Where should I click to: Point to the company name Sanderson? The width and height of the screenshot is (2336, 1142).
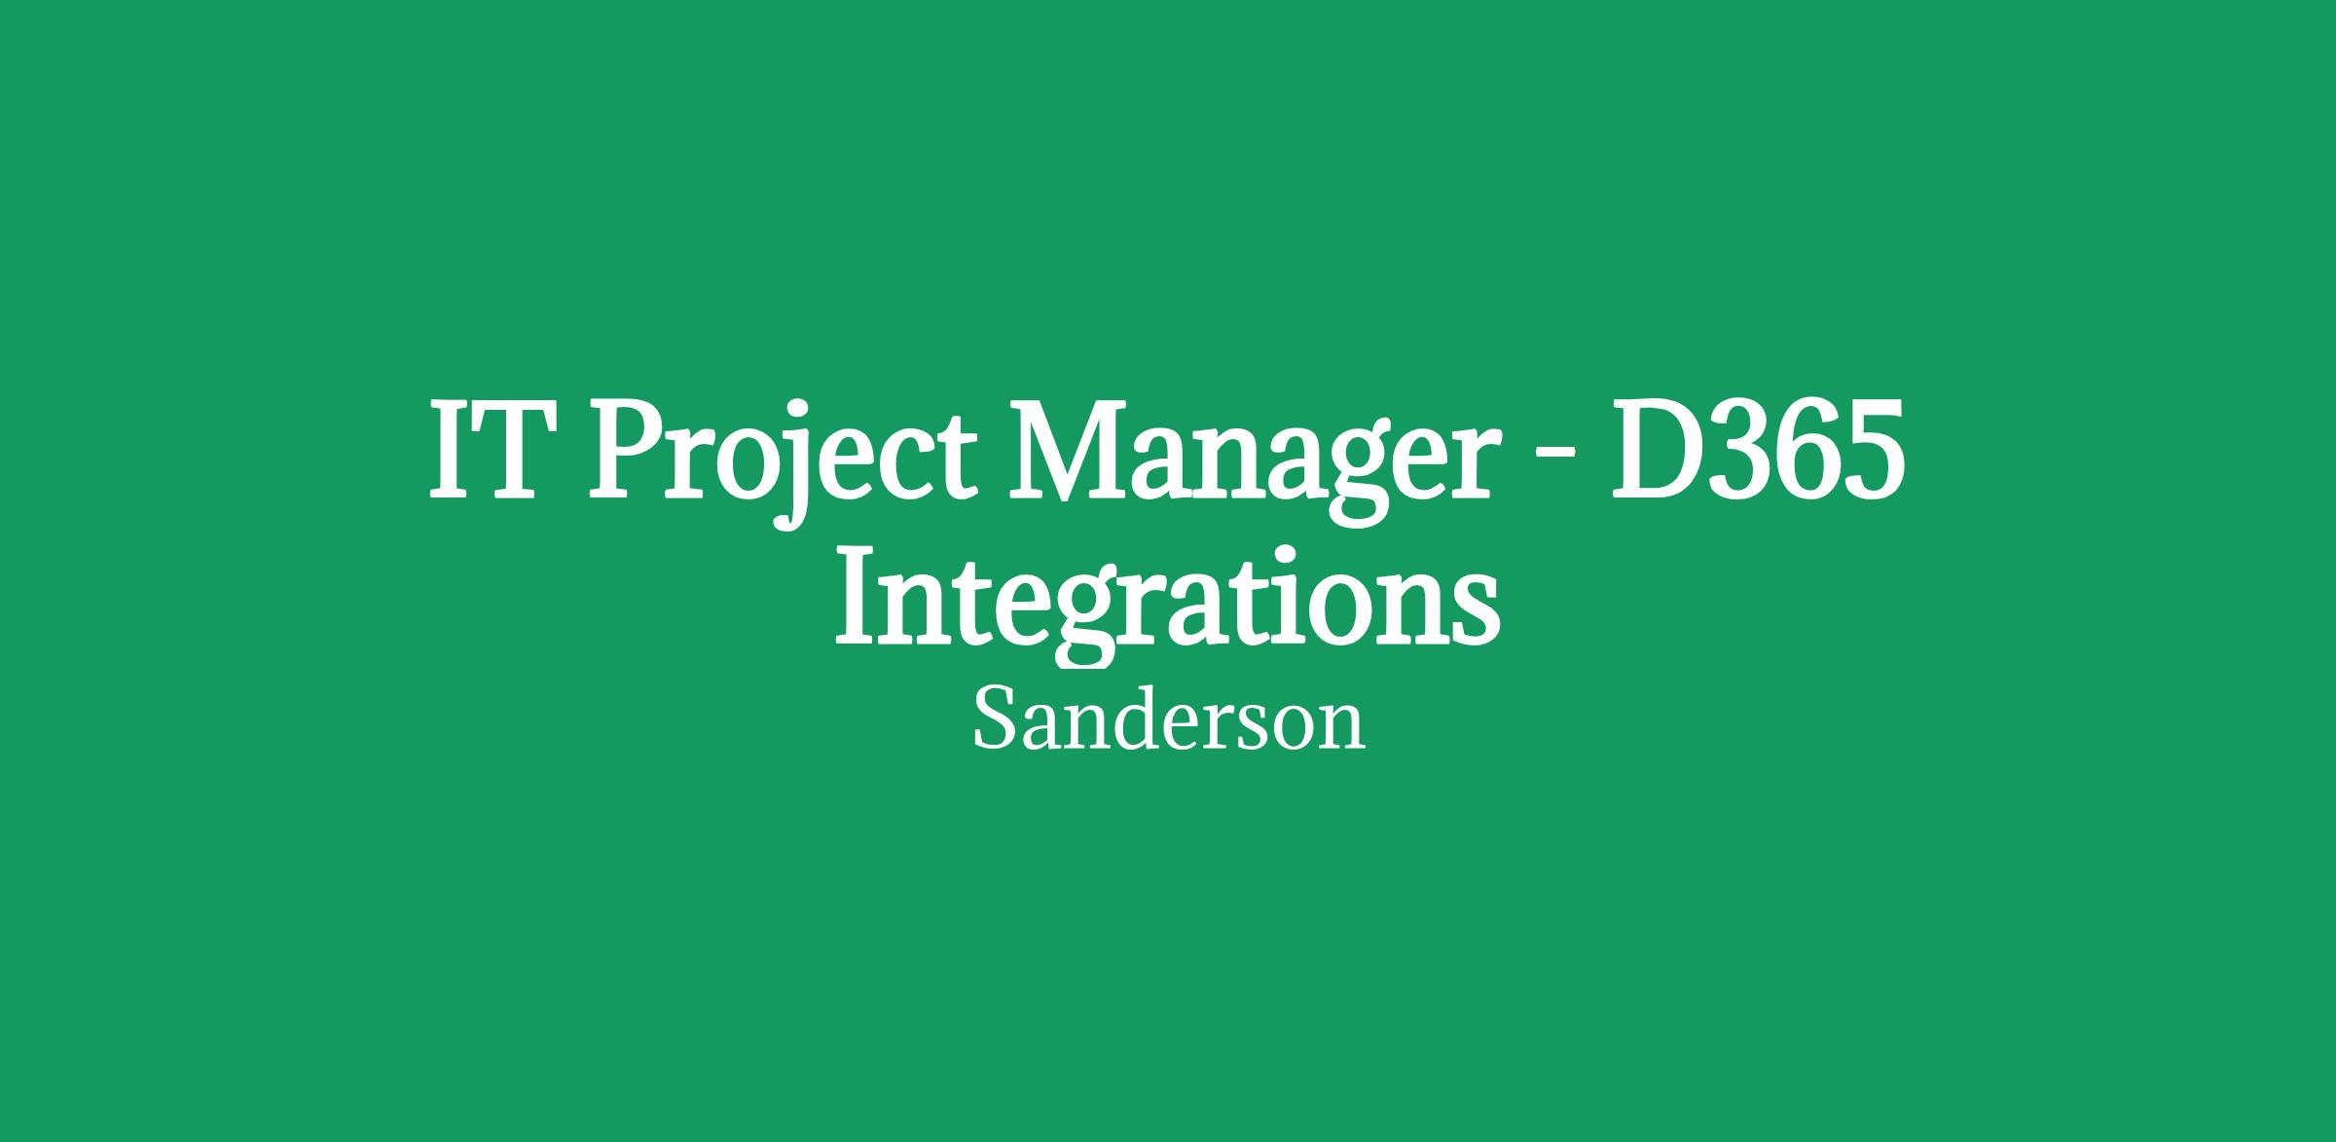click(1169, 721)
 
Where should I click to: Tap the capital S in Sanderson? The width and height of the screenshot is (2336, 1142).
click(992, 719)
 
